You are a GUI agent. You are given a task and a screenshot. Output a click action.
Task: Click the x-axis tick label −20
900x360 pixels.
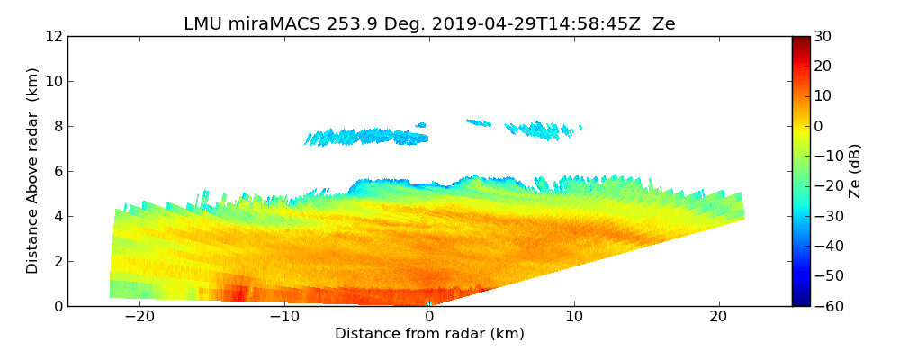click(x=139, y=317)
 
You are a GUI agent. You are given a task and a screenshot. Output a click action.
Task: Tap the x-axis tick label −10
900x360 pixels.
click(x=284, y=317)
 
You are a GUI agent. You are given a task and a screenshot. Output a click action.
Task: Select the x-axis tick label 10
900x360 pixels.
click(x=574, y=317)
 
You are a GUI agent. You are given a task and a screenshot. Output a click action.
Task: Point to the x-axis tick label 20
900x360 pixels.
click(x=719, y=317)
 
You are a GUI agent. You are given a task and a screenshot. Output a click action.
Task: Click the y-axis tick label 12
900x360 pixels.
click(x=53, y=37)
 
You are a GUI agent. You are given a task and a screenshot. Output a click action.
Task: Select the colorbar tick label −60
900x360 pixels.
click(x=827, y=306)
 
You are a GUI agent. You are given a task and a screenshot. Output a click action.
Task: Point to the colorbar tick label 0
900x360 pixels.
click(x=819, y=126)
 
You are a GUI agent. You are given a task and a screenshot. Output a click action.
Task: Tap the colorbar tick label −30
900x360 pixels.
click(x=827, y=216)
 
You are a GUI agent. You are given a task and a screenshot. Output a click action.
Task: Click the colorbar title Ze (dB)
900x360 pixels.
click(x=855, y=171)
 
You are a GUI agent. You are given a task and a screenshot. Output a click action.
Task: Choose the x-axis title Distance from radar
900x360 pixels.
click(x=429, y=334)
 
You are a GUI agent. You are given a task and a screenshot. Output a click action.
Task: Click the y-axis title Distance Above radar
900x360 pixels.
click(x=33, y=171)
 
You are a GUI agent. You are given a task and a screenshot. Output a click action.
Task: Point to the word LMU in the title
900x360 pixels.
click(x=202, y=24)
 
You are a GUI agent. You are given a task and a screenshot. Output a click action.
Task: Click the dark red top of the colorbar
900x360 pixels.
click(x=800, y=40)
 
